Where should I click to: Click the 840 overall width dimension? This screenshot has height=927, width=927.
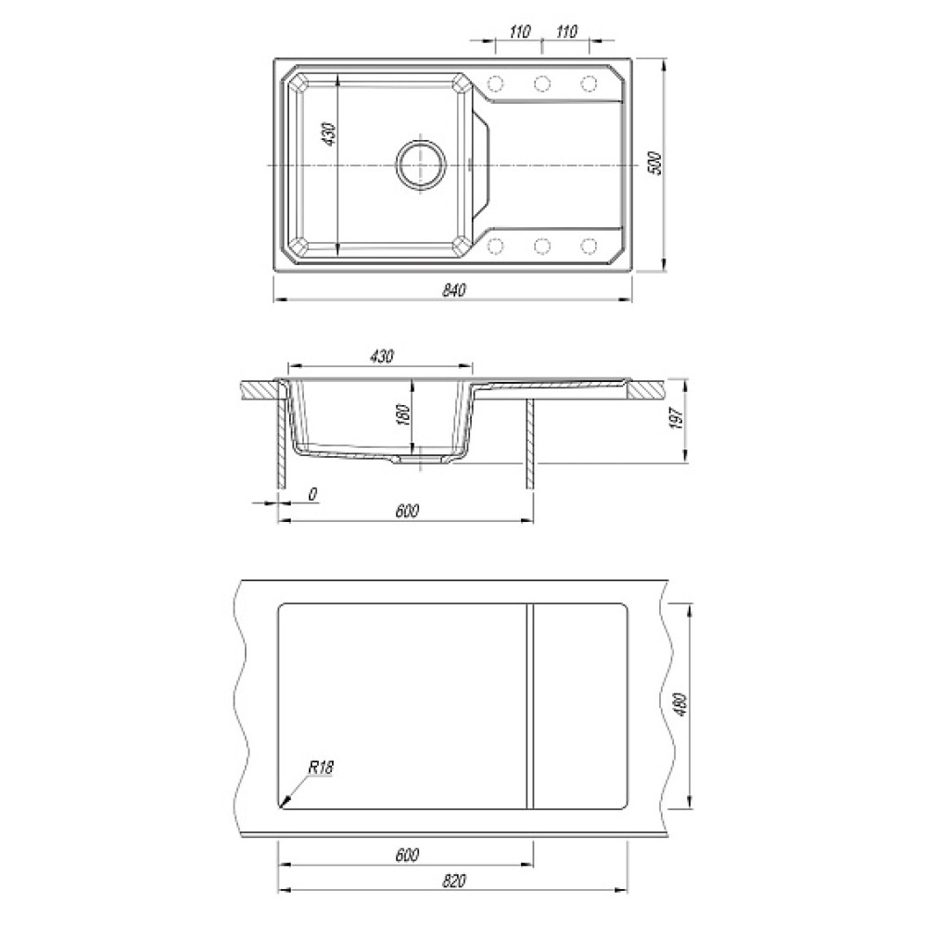453,289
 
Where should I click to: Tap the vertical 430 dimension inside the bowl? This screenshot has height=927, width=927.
329,134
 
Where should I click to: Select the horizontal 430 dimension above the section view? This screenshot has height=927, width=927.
381,357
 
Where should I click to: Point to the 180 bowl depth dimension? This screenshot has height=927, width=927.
404,414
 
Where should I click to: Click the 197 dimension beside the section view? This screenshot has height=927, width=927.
677,418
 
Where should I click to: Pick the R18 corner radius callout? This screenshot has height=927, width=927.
321,768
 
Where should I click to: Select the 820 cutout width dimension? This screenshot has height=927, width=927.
453,881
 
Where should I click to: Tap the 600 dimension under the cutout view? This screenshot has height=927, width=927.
407,855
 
